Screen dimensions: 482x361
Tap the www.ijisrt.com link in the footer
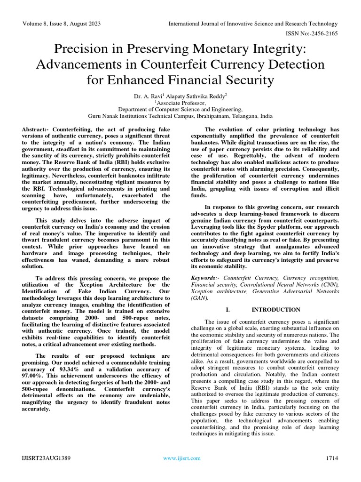click(x=182, y=458)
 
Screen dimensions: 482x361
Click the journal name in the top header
click(x=253, y=24)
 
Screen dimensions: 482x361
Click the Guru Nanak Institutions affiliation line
click(x=180, y=115)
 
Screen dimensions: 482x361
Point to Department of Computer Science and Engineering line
click(x=180, y=109)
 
